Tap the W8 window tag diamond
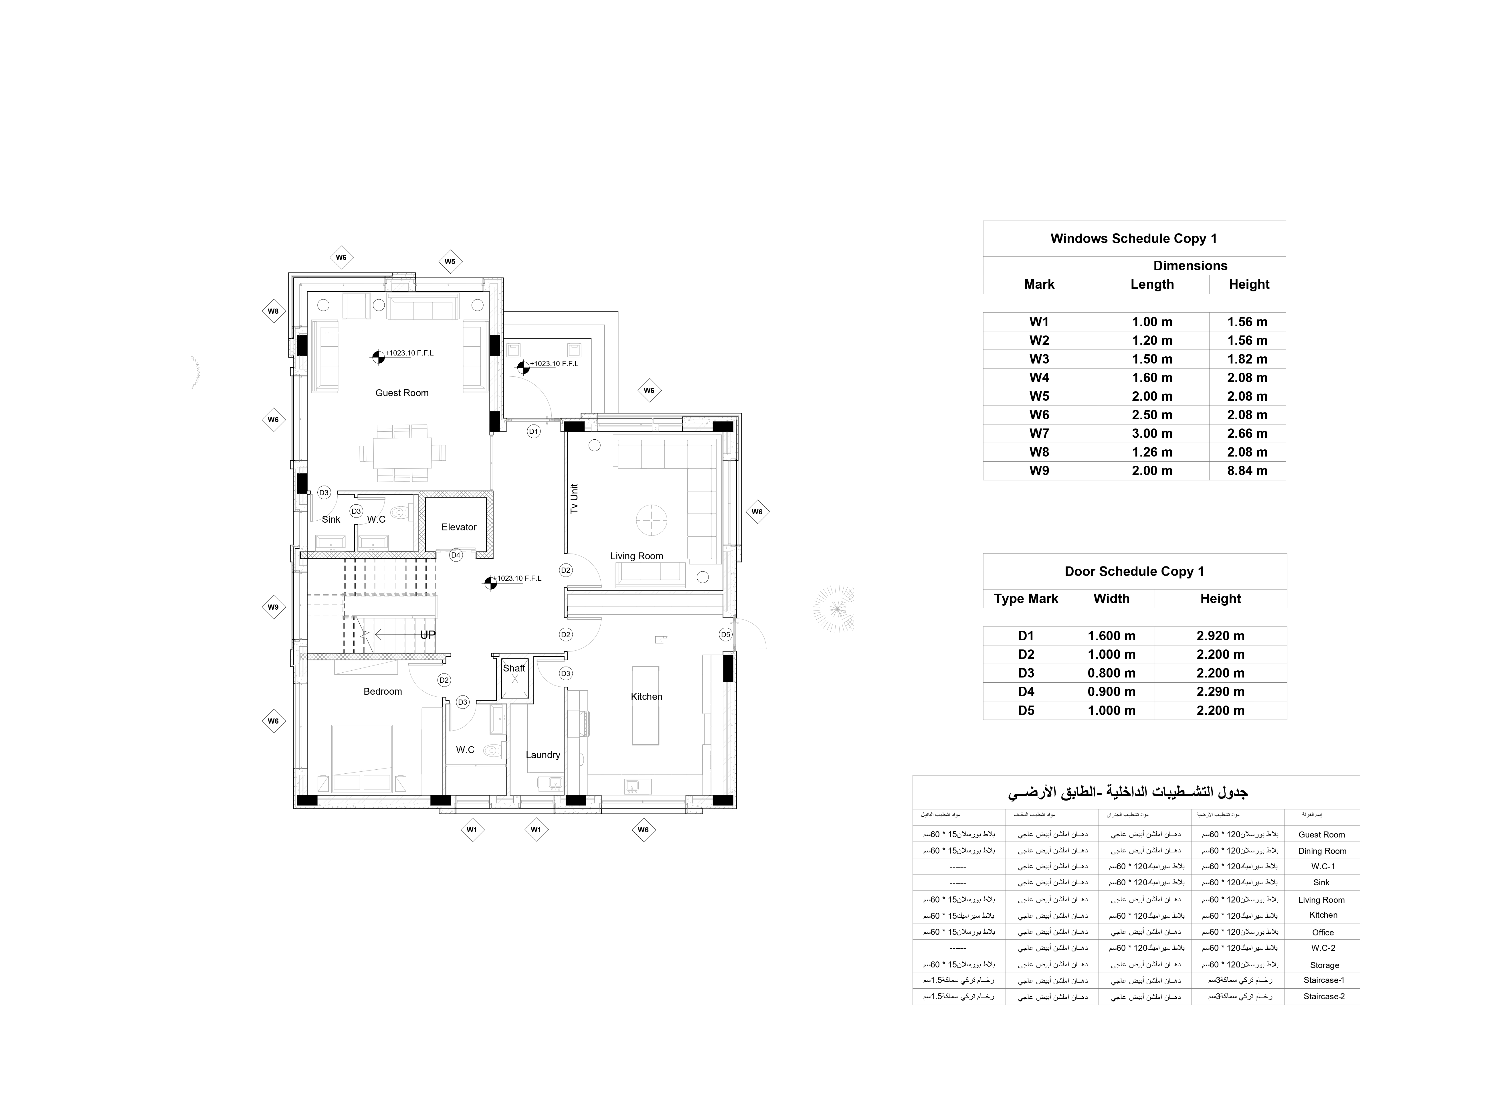[x=273, y=311]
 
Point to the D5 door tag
[x=725, y=634]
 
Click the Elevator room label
[x=459, y=527]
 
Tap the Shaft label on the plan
[x=514, y=668]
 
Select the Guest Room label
[x=402, y=392]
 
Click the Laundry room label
[x=543, y=754]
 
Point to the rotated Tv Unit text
[x=574, y=499]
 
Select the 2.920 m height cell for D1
[x=1220, y=636]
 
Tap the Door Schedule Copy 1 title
[x=1134, y=572]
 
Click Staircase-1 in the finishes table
[x=1324, y=980]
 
